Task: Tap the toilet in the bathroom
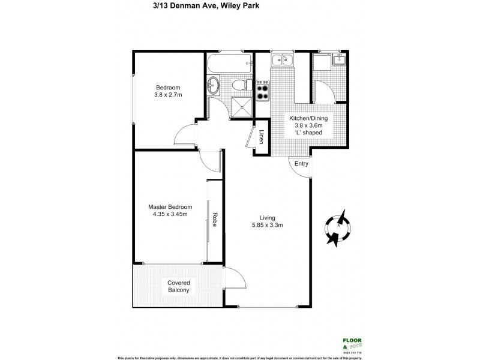click(239, 85)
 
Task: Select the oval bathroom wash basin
click(214, 85)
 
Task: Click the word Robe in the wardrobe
click(213, 220)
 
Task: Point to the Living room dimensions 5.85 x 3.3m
click(267, 226)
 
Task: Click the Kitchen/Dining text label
click(308, 118)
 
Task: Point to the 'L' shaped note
click(308, 133)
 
